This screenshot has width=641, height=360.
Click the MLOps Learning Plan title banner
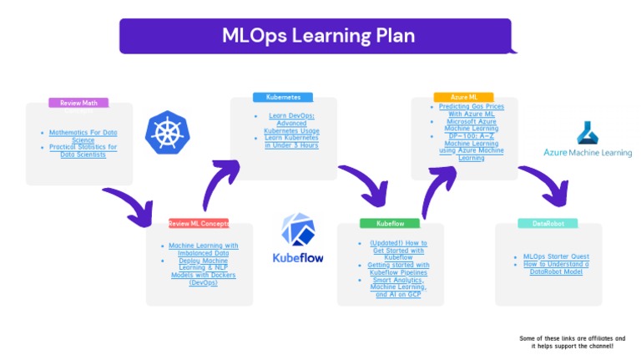(x=317, y=36)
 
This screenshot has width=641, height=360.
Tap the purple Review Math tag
(x=78, y=103)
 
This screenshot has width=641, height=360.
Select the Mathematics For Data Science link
(x=83, y=136)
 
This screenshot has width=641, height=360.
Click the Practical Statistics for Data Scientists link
(x=83, y=151)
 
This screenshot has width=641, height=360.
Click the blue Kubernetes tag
(x=283, y=97)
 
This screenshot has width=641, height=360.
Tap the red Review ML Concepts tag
(x=199, y=224)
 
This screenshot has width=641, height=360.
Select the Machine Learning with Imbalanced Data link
(x=203, y=249)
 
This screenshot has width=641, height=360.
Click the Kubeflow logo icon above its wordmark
(x=298, y=230)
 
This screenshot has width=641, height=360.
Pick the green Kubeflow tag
(x=390, y=224)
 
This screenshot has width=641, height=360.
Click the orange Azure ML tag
(x=463, y=97)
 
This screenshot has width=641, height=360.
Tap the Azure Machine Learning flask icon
(x=588, y=133)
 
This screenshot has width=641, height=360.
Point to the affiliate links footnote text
(x=571, y=342)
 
